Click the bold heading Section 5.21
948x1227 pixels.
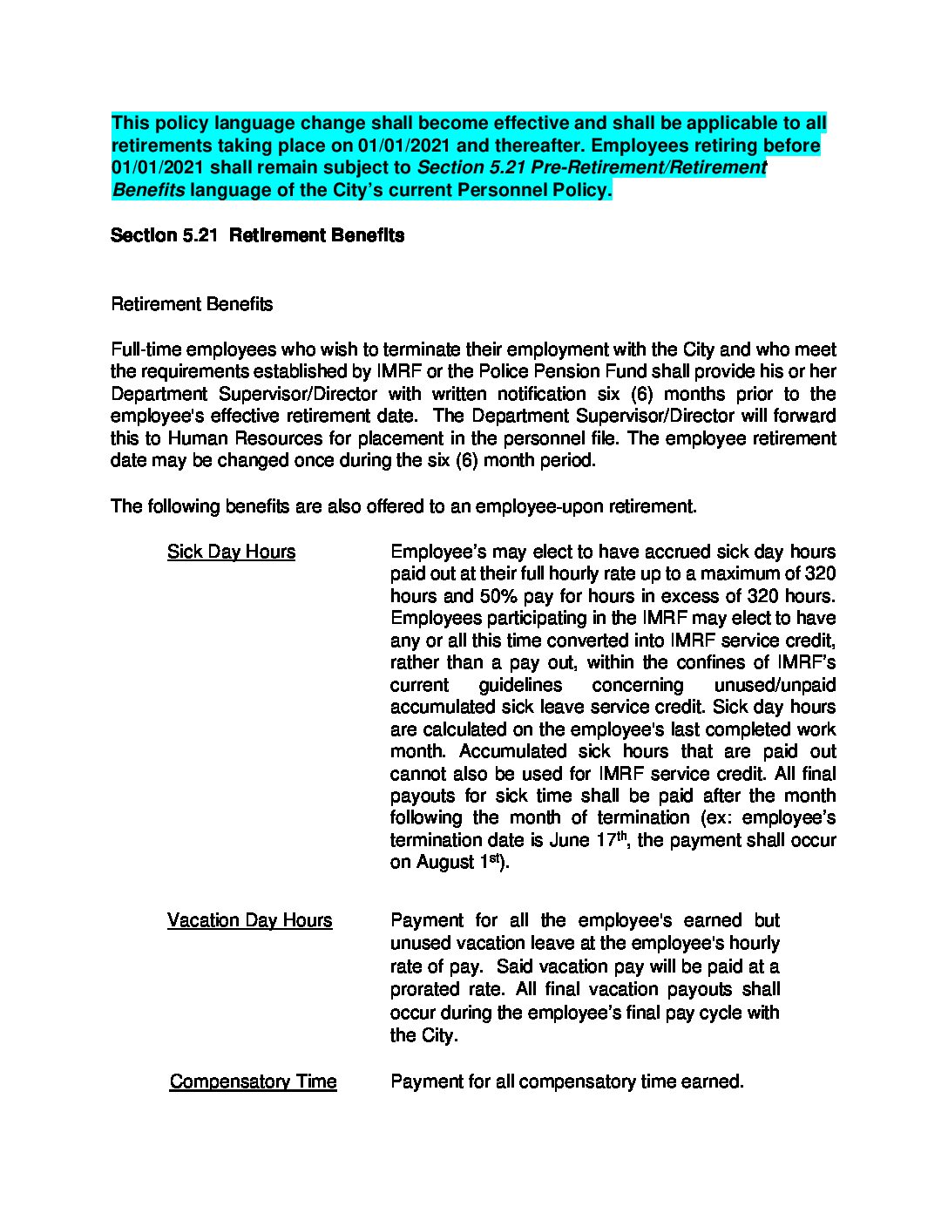[164, 235]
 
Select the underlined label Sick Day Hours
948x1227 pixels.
[231, 552]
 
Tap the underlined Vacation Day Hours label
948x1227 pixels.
[249, 920]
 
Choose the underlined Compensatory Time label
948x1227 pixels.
[253, 1081]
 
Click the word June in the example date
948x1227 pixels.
[570, 840]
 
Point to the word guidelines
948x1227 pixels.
[520, 685]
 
